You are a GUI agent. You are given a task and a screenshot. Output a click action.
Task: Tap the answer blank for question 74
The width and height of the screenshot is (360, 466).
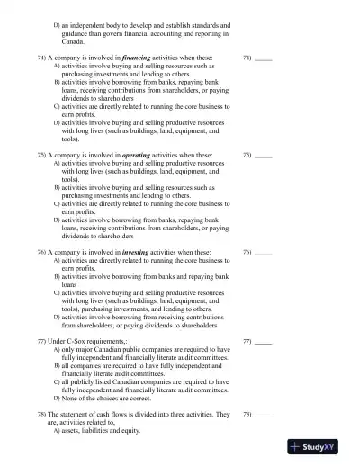click(263, 58)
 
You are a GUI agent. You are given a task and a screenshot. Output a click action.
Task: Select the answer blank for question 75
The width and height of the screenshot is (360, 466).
click(263, 155)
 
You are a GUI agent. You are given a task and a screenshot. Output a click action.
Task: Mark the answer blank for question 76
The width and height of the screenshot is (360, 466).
click(263, 252)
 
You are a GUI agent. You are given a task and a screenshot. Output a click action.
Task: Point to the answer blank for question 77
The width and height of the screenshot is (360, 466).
click(263, 343)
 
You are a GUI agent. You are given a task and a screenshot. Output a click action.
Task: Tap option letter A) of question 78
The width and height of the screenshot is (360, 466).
click(58, 432)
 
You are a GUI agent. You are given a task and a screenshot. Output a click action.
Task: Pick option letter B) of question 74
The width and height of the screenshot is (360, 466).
click(58, 81)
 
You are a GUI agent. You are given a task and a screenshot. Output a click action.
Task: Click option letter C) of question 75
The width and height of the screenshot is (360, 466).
click(58, 204)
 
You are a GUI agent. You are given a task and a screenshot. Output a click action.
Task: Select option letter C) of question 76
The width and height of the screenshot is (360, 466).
click(58, 292)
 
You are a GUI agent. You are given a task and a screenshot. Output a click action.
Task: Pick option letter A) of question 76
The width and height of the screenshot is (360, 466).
click(58, 260)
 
